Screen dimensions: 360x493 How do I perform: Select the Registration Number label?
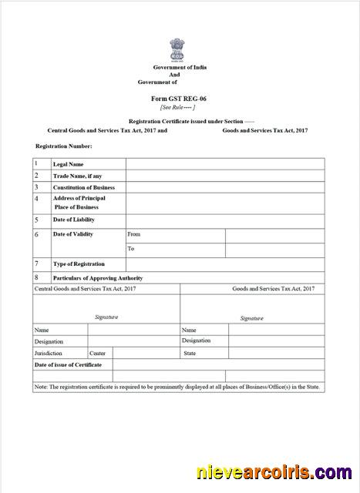click(64, 146)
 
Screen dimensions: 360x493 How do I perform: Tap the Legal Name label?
click(68, 164)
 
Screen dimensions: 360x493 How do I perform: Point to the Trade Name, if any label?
click(77, 176)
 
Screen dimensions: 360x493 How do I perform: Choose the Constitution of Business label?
click(83, 187)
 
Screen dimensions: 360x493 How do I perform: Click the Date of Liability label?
click(73, 220)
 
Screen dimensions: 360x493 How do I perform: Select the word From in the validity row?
click(134, 234)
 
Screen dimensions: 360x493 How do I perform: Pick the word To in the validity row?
click(131, 249)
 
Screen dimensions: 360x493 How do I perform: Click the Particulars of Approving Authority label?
click(97, 277)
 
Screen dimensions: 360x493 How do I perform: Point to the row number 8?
click(36, 277)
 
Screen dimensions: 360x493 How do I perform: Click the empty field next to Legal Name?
click(224, 164)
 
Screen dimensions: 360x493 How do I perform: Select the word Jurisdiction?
click(48, 353)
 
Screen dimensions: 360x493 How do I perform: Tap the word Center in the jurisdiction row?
click(97, 353)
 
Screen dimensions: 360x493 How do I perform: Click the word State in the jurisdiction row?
click(189, 353)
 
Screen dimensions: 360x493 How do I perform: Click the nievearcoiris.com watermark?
click(274, 473)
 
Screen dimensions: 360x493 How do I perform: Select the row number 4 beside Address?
click(36, 199)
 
